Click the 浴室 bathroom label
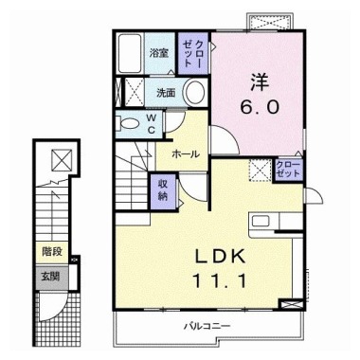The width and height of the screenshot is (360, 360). pos(159,53)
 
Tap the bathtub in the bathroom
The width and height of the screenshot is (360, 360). pos(130,53)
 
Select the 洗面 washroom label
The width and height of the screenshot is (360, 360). pos(166,93)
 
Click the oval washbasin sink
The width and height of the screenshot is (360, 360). pos(194,92)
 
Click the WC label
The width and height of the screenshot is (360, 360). pos(152,123)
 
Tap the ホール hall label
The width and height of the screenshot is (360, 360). pos(186,153)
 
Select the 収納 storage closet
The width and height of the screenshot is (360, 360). pos(163,191)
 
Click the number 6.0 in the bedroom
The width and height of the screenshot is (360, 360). pos(260,107)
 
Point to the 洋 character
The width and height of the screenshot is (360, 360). pos(260,81)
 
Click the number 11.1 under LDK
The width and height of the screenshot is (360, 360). pos(219,280)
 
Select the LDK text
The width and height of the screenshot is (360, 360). pos(220,257)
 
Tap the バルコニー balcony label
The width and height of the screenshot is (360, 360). pos(207,326)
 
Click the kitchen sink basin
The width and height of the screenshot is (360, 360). pos(261,221)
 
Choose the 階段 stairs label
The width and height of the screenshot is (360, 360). pos(52,252)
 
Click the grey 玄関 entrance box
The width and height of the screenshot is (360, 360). pos(51,277)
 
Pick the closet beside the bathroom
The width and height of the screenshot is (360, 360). pos(193,53)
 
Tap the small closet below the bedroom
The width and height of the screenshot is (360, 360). pos(288,170)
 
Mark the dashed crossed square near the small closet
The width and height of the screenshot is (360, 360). pos(260,171)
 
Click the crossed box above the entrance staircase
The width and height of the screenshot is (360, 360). pos(62,160)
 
